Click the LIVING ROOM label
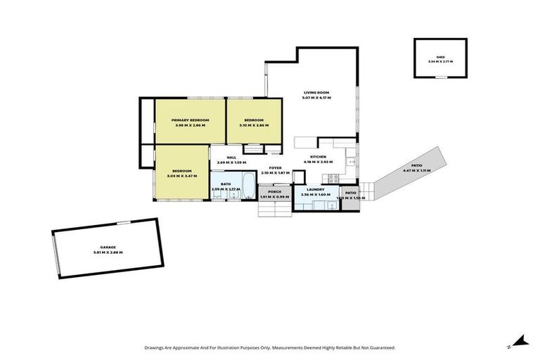point(316,93)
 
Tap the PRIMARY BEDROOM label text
point(190,120)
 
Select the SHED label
point(440,57)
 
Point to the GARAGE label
point(108,248)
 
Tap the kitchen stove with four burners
point(335,179)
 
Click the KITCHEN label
point(319,157)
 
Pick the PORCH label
point(274,191)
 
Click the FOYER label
point(276,168)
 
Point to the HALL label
point(231,157)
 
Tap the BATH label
point(226,184)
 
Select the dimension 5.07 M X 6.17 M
point(316,98)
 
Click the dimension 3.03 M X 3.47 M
point(182,175)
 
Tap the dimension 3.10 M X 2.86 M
point(254,125)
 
